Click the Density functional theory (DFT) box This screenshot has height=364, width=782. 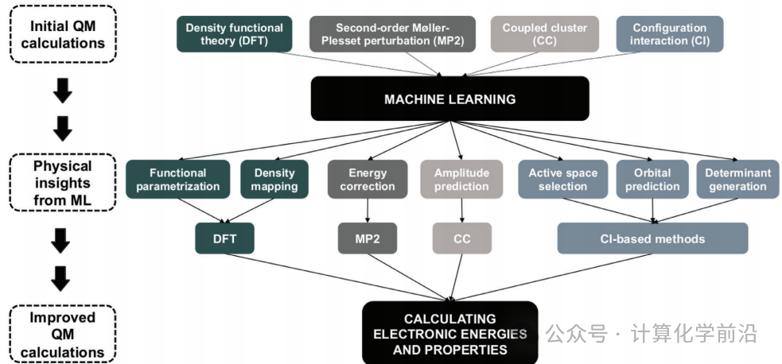pyautogui.click(x=235, y=34)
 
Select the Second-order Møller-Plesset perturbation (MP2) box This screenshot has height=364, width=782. pyautogui.click(x=393, y=34)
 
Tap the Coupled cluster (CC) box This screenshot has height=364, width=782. pyautogui.click(x=545, y=34)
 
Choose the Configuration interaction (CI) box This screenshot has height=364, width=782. pyautogui.click(x=670, y=34)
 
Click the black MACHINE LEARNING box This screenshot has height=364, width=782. pyautogui.click(x=449, y=99)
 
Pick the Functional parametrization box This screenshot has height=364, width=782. pyautogui.click(x=178, y=180)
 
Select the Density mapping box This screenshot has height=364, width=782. pyautogui.click(x=274, y=180)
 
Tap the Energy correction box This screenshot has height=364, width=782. pyautogui.click(x=368, y=180)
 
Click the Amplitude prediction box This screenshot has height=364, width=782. pyautogui.click(x=461, y=180)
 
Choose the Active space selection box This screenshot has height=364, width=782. pyautogui.click(x=563, y=180)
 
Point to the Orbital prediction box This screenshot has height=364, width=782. pyautogui.click(x=652, y=180)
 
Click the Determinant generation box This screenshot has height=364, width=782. pyautogui.click(x=737, y=180)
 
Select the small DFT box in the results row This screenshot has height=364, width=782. pyautogui.click(x=224, y=238)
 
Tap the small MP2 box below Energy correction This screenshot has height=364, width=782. pyautogui.click(x=368, y=238)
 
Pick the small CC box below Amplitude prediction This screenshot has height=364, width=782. pyautogui.click(x=462, y=238)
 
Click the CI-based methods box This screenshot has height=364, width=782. pyautogui.click(x=652, y=238)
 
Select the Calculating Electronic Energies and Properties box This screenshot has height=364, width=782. pyautogui.click(x=449, y=333)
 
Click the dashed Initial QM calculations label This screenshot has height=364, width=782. pyautogui.click(x=62, y=34)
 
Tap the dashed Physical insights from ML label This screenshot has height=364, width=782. pyautogui.click(x=62, y=183)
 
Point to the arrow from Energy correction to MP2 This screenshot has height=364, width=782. pyautogui.click(x=368, y=211)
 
